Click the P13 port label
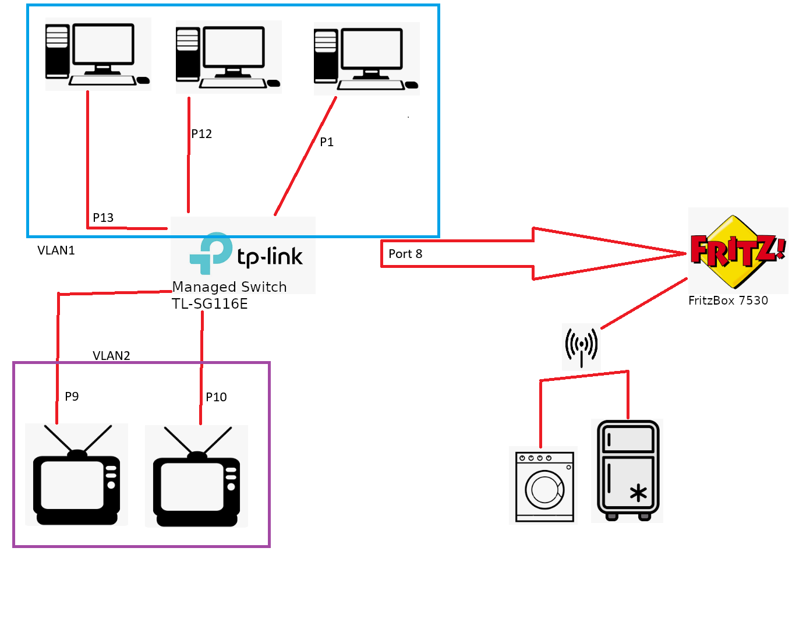point(103,218)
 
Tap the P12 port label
point(201,134)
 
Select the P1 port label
point(327,142)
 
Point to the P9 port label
point(72,397)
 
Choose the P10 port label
point(216,397)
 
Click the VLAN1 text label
point(56,250)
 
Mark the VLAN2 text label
point(111,356)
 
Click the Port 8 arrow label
point(405,254)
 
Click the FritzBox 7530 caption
point(728,301)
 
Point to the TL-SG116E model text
point(210,304)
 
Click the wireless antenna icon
point(581,345)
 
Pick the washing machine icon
point(544,485)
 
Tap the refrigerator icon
point(628,470)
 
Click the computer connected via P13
point(97,54)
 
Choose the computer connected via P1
point(366,59)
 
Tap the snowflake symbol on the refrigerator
point(638,493)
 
